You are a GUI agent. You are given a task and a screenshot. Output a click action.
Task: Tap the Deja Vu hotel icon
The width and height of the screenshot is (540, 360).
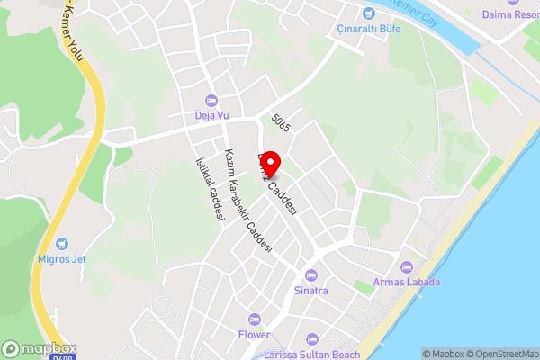(211, 99)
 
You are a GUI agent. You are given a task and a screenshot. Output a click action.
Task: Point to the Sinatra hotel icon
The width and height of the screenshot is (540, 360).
(311, 274)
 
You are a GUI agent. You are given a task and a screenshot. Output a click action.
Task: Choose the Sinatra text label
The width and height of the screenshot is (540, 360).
(311, 291)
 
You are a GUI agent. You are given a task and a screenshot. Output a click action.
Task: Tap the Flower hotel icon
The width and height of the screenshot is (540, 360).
(255, 319)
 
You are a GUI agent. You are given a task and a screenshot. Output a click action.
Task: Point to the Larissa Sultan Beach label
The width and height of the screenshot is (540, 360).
(311, 355)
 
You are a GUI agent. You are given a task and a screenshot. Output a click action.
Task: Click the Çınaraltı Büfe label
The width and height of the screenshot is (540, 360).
(368, 29)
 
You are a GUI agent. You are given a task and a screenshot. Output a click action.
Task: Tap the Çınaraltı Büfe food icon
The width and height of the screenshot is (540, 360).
(368, 13)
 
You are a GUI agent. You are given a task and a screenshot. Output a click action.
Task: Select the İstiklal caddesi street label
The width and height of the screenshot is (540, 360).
(209, 188)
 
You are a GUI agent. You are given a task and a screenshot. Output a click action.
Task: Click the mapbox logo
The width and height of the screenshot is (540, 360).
(40, 348)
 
